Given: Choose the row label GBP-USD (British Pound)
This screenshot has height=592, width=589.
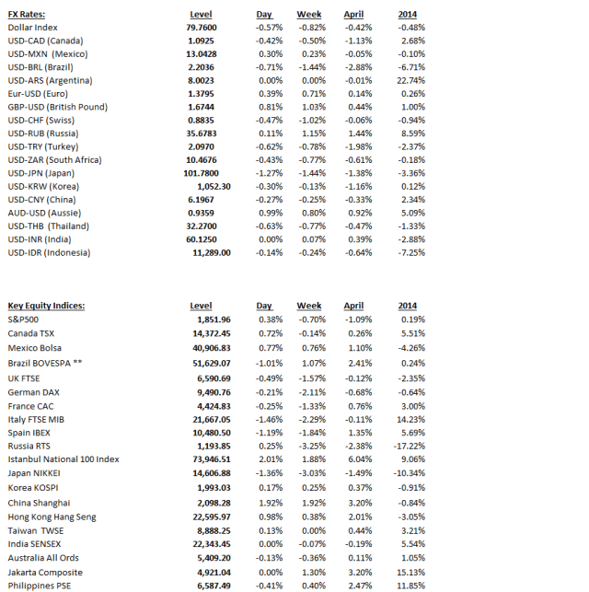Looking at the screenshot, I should (x=57, y=107).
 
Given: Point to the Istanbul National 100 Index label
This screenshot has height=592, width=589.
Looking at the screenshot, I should (x=64, y=459).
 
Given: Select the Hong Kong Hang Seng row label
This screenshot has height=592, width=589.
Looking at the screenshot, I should (x=52, y=517).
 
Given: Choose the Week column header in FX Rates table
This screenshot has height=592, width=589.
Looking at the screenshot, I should (x=309, y=15).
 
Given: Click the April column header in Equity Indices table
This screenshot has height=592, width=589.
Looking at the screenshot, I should (x=353, y=306).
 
